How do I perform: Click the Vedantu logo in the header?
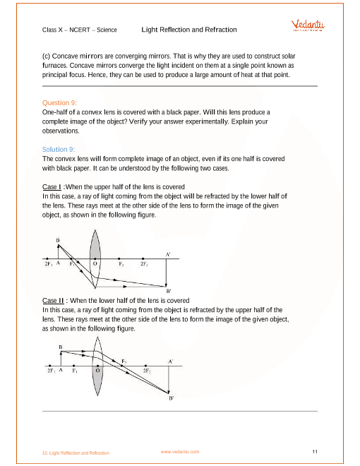pos(308,25)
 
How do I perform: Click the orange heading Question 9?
pos(59,103)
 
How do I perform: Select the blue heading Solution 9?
pos(59,149)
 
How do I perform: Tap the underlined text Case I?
pos(52,187)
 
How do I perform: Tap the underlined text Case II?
pos(53,301)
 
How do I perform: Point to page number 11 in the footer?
pos(315,452)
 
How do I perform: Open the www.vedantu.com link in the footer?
pos(180,452)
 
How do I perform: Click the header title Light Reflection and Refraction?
pos(189,30)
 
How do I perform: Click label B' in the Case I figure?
pos(169,291)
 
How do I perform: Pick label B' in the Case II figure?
pos(172,398)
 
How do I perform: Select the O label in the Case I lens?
pos(95,263)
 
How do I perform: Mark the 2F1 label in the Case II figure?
pos(52,371)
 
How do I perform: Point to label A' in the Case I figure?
pos(168,254)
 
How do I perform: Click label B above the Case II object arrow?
pos(61,347)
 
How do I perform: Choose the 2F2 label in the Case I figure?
pos(145,264)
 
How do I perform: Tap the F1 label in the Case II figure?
pos(75,371)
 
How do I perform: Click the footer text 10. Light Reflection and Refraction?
pos(76,453)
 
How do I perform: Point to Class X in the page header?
pos(52,30)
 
